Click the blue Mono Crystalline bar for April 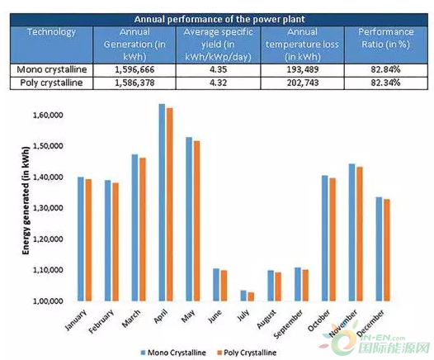162,202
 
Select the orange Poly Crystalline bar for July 251,296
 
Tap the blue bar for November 351,232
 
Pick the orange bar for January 88,240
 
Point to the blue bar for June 216,285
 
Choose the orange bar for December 386,250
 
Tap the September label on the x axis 289,324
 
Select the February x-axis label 101,321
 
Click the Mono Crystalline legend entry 173,353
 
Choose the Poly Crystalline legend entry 247,353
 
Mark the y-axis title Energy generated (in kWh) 26,201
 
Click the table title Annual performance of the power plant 219,19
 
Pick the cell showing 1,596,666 134,69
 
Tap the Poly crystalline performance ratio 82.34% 385,83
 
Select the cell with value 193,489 303,69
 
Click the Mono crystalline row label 52,69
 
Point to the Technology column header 51,32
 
